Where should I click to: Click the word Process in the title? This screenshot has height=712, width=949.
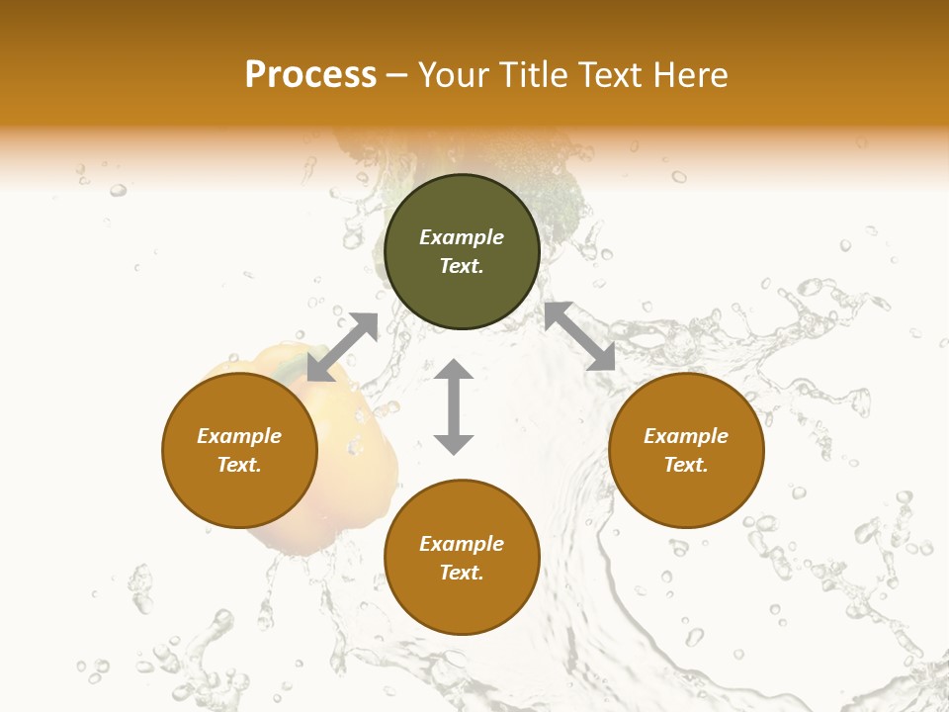[x=310, y=75]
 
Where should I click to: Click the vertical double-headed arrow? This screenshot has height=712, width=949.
[x=454, y=406]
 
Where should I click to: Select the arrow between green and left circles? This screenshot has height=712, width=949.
[x=342, y=347]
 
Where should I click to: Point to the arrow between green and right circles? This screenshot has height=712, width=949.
[x=579, y=336]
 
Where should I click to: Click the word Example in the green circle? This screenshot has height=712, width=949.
[x=462, y=237]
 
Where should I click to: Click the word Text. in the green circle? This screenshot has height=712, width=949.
[x=462, y=266]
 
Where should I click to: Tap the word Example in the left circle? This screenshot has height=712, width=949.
[x=239, y=436]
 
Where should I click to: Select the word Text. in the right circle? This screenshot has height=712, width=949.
[x=686, y=465]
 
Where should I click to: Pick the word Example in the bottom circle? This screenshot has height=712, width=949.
[x=462, y=544]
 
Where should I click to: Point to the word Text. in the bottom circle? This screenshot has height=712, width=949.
[x=462, y=573]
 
